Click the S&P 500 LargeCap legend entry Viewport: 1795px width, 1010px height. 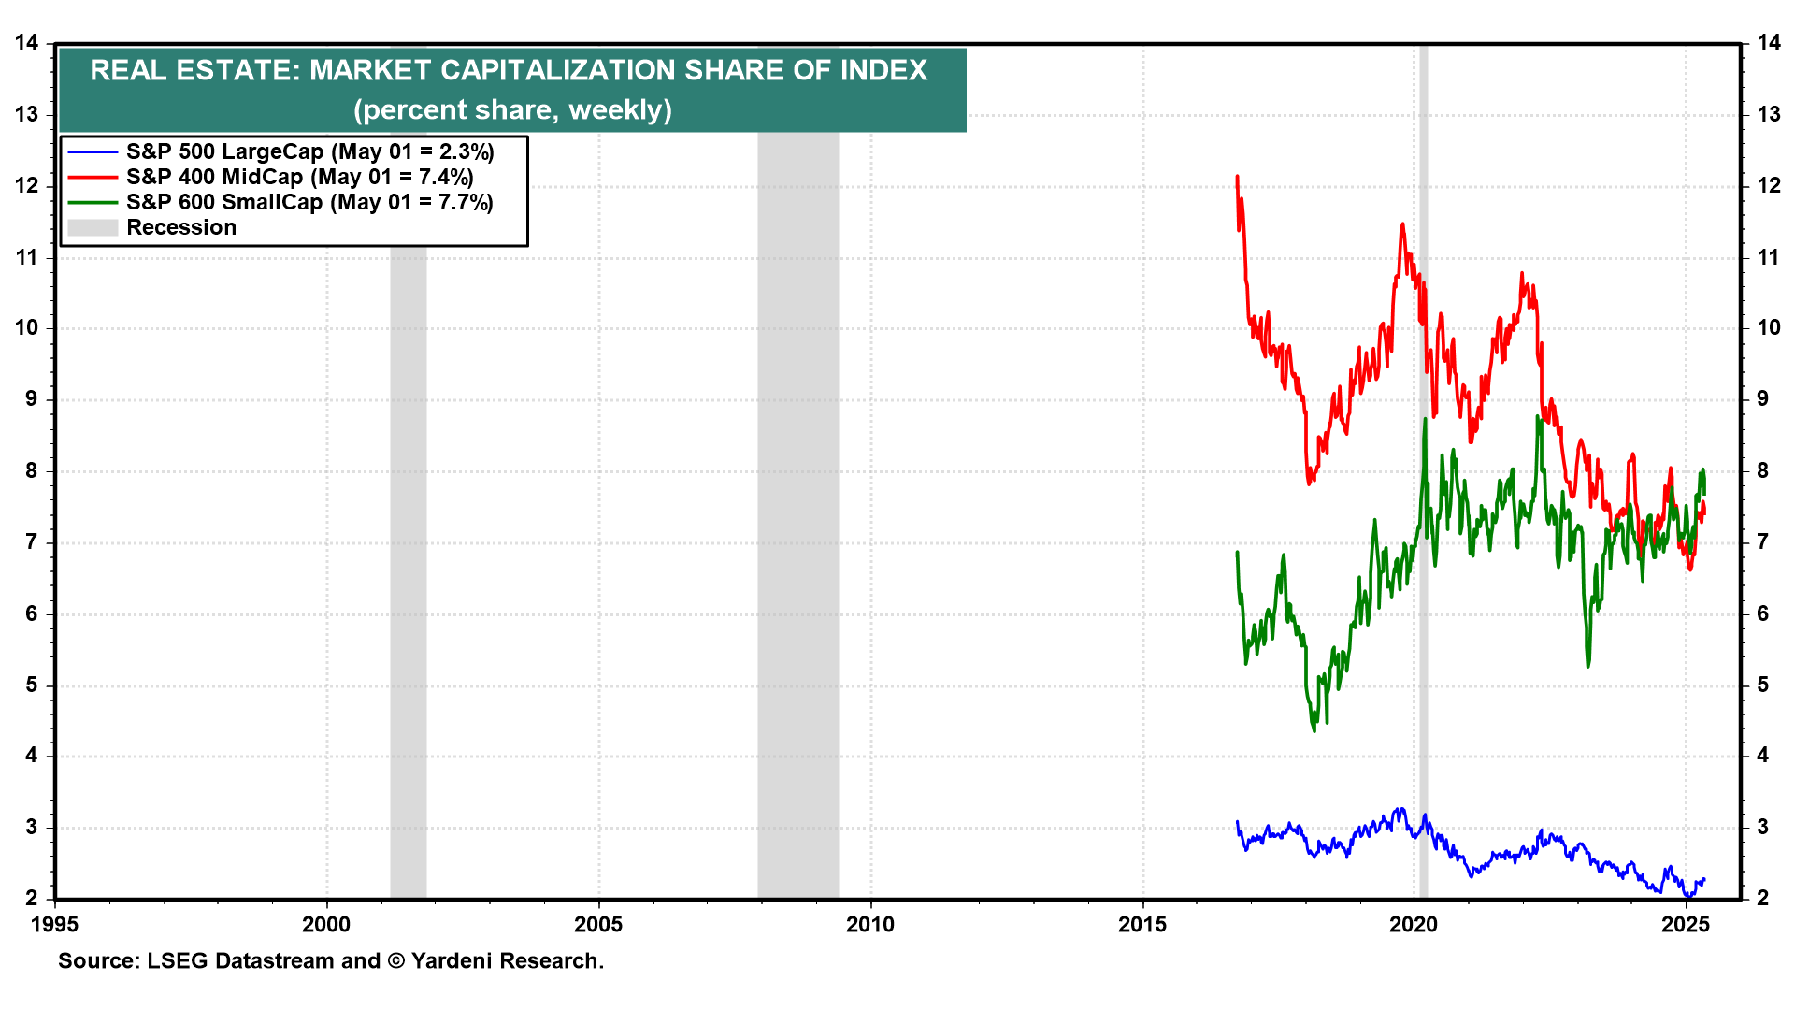pyautogui.click(x=309, y=151)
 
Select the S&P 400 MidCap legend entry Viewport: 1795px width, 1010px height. pyautogui.click(x=299, y=177)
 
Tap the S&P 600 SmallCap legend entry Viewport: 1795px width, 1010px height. pyautogui.click(x=309, y=202)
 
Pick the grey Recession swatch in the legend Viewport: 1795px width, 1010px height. pyautogui.click(x=93, y=227)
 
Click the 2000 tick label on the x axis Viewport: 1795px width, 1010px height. pyautogui.click(x=326, y=925)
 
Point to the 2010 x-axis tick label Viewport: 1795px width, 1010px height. pyautogui.click(x=870, y=925)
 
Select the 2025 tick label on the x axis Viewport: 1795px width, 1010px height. pyautogui.click(x=1686, y=925)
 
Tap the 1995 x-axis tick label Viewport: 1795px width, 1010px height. pyautogui.click(x=55, y=925)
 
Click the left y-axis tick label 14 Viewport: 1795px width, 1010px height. pyautogui.click(x=27, y=43)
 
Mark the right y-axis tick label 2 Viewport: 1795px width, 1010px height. pyautogui.click(x=1763, y=899)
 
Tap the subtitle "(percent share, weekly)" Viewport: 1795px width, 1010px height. pyautogui.click(x=512, y=110)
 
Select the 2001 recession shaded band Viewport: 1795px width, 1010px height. pyautogui.click(x=409, y=561)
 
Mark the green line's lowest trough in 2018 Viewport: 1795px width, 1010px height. pyautogui.click(x=1314, y=729)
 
